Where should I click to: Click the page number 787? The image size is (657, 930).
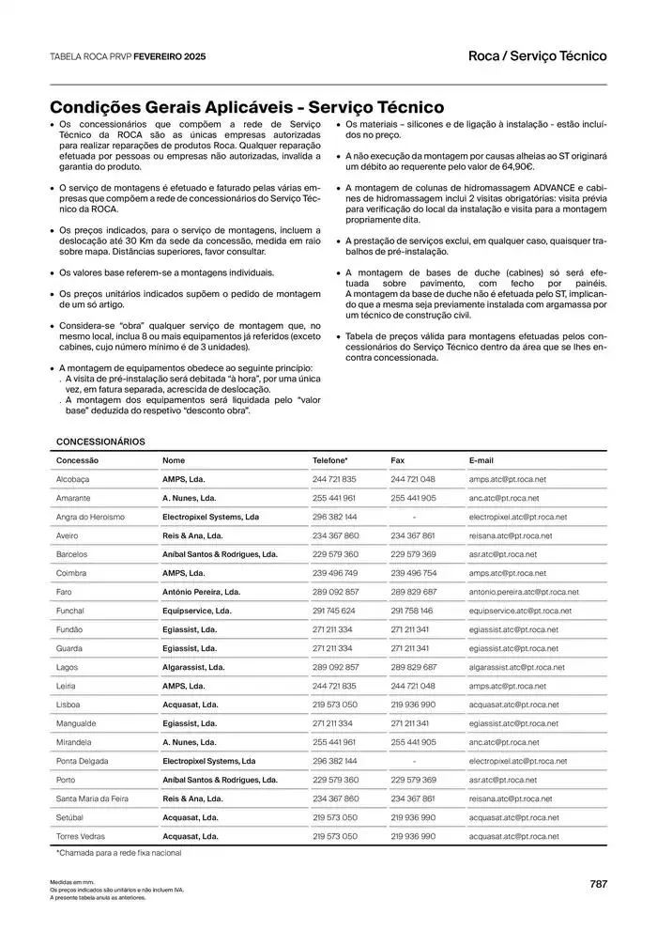click(598, 883)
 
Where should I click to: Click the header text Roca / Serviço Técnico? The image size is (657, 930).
click(537, 56)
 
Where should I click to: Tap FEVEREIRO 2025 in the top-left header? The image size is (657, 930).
click(169, 57)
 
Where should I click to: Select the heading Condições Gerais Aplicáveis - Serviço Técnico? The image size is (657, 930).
click(247, 108)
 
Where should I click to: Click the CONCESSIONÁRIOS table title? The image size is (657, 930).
click(100, 441)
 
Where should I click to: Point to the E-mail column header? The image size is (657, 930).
click(481, 460)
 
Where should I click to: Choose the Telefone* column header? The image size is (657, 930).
click(329, 460)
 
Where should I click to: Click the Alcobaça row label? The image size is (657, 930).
click(72, 479)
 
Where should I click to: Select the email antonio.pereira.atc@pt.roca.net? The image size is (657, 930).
click(524, 592)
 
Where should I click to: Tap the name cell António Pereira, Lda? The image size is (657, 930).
click(201, 592)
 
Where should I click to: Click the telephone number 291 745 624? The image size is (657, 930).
click(334, 611)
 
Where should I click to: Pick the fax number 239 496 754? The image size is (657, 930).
click(413, 573)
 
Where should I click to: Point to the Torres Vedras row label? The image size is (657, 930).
click(81, 836)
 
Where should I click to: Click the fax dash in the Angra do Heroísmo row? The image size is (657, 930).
click(414, 517)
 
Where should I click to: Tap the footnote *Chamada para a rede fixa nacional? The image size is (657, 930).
click(118, 853)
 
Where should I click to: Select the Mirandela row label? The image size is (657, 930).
click(74, 742)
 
